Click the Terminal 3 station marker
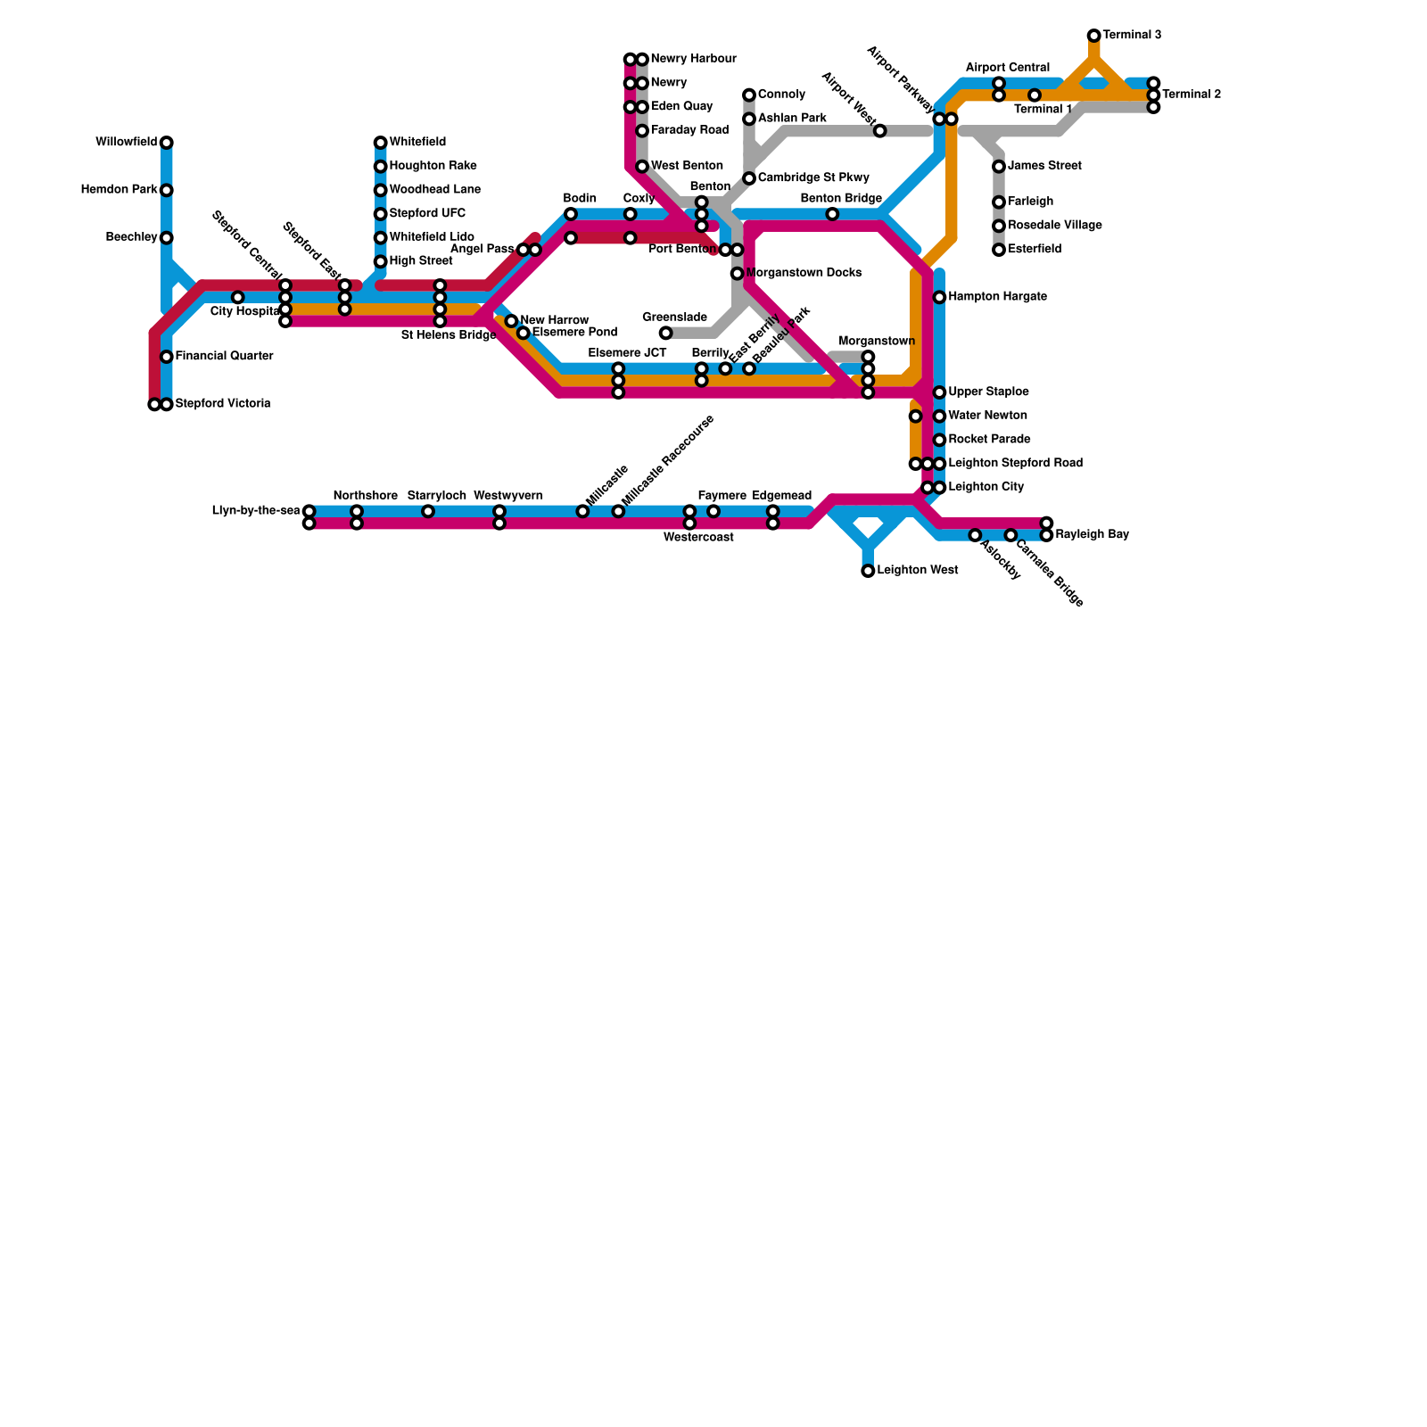(1093, 36)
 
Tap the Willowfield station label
(126, 143)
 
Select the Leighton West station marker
(868, 571)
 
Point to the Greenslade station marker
(665, 334)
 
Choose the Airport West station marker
(879, 131)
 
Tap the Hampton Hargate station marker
(939, 297)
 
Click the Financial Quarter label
(224, 357)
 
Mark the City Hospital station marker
(237, 297)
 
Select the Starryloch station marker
(428, 511)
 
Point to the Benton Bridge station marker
(832, 214)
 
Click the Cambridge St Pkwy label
(813, 178)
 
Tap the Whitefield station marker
(380, 143)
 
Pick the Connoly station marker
(749, 95)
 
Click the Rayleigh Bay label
(1092, 535)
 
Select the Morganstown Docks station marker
(737, 274)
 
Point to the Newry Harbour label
(693, 60)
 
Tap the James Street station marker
(999, 167)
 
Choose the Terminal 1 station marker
(1034, 95)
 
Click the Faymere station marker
(713, 511)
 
